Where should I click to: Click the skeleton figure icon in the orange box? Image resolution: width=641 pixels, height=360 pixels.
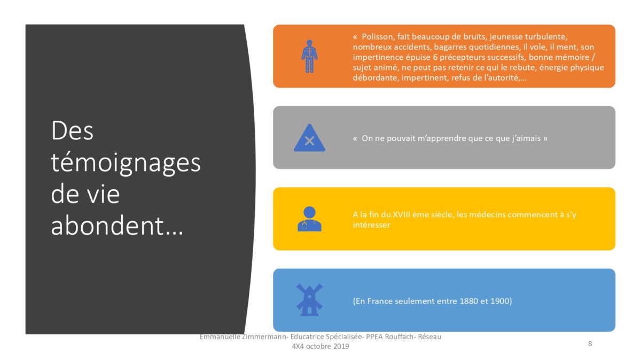coord(309,56)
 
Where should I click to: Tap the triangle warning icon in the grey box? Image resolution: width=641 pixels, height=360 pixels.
coord(309,138)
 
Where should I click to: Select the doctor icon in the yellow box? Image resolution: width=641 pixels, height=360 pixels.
coord(309,219)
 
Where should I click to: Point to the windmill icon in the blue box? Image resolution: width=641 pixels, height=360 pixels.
coord(309,300)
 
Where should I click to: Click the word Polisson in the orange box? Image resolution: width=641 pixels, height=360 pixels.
coord(378,37)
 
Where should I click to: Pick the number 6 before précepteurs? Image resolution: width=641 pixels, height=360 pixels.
coord(435,57)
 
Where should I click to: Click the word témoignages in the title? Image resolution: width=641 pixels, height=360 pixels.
coord(126,163)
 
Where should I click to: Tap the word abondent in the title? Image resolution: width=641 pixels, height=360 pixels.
coord(107,226)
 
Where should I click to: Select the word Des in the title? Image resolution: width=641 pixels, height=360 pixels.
coord(72,131)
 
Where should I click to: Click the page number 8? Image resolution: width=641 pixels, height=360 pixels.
coord(590,343)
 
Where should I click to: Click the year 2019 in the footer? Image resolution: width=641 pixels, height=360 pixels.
coord(341,346)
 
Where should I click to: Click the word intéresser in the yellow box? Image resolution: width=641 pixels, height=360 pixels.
coord(371,225)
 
